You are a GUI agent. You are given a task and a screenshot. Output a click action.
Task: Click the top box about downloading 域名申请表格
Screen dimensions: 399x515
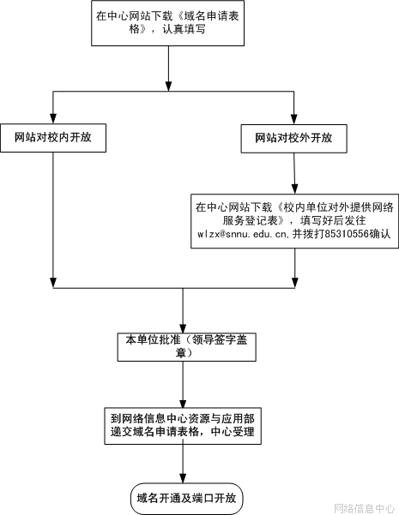(x=168, y=23)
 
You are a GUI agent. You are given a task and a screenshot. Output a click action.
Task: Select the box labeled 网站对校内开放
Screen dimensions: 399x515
(x=53, y=138)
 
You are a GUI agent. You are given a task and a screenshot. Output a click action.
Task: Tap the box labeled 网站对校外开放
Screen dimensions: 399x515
(x=294, y=139)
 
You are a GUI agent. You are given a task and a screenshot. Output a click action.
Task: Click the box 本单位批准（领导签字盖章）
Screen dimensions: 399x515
(x=187, y=347)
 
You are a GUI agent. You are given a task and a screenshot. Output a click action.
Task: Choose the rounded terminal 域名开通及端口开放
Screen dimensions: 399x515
(x=187, y=498)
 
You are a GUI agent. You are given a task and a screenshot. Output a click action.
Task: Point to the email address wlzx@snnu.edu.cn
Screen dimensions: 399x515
(x=243, y=234)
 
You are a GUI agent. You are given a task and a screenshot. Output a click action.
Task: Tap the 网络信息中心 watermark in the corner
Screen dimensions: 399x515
(x=365, y=508)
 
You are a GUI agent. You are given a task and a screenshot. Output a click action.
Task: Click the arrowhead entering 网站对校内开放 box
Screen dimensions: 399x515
(x=53, y=119)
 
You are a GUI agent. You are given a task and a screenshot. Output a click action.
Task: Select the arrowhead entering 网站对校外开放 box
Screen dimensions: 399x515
(x=294, y=119)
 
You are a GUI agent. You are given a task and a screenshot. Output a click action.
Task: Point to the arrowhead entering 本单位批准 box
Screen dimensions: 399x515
(x=183, y=328)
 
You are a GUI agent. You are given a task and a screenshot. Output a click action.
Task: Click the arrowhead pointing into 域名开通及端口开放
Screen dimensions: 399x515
(x=183, y=478)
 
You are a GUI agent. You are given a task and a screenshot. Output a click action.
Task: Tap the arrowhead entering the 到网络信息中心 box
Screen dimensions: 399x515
(x=183, y=404)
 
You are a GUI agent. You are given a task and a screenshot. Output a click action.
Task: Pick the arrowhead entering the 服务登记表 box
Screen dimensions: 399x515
(x=294, y=189)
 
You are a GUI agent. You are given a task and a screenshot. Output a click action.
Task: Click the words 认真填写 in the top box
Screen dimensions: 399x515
(x=184, y=29)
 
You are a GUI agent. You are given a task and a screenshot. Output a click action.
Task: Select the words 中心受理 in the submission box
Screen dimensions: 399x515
(x=233, y=431)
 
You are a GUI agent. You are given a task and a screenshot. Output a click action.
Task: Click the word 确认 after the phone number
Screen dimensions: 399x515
(x=380, y=234)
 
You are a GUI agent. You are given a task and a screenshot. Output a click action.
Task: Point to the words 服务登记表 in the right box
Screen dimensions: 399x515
(x=251, y=220)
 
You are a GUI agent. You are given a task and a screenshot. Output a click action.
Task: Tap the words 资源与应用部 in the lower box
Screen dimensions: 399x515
(x=221, y=418)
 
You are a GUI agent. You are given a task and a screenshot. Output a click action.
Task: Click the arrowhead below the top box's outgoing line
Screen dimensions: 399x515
(x=168, y=86)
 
